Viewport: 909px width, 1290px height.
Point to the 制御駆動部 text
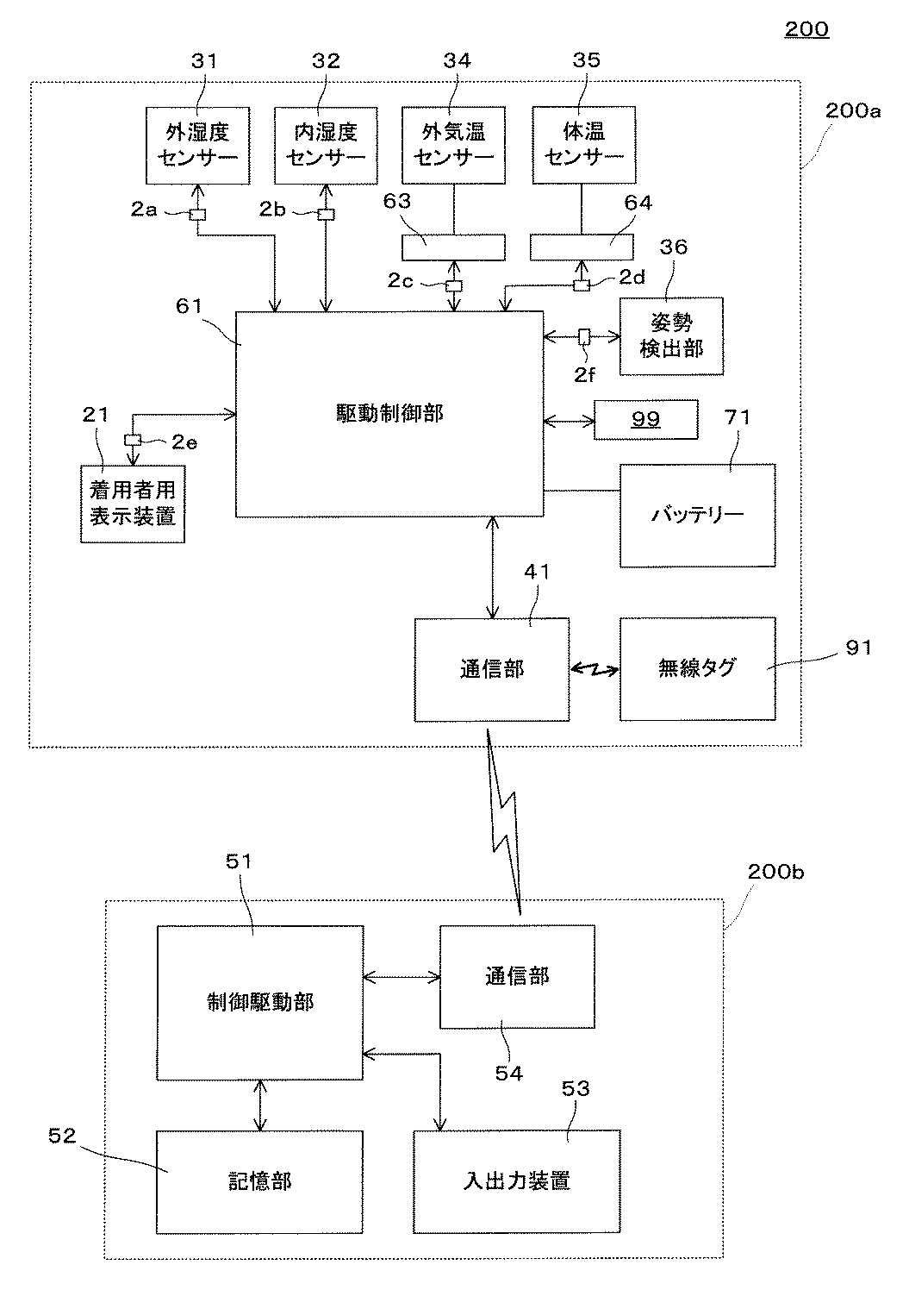(x=260, y=1003)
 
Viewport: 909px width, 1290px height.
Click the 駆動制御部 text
(x=389, y=413)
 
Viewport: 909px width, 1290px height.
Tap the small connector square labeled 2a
(x=197, y=215)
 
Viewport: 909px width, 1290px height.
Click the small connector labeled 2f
(x=584, y=337)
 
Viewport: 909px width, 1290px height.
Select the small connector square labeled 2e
(x=133, y=440)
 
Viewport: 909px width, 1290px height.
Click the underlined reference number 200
(x=806, y=28)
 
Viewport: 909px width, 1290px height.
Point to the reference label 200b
(x=775, y=871)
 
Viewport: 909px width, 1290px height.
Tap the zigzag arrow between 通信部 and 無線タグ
(x=595, y=669)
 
